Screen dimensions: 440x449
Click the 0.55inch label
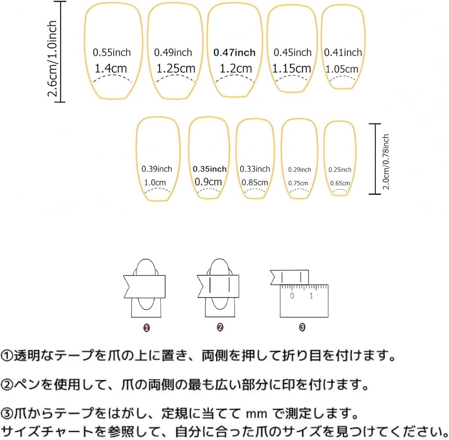tap(112, 53)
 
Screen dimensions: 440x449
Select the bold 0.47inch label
tap(235, 53)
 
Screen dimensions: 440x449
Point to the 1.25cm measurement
tap(176, 68)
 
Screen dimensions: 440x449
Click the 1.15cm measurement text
tap(292, 68)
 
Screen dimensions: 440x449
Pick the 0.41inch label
tap(343, 53)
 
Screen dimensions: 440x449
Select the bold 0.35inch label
tap(210, 169)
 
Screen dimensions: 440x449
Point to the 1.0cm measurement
tap(155, 182)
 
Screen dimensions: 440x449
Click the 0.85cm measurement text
tap(255, 182)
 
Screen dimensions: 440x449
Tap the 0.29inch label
tap(299, 170)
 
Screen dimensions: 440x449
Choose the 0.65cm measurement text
tap(340, 183)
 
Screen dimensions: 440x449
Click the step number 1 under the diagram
tap(147, 328)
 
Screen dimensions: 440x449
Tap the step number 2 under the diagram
tap(220, 328)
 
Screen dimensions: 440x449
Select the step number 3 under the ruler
tap(302, 328)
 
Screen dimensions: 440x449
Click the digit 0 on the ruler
tap(292, 296)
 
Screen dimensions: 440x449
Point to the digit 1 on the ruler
tap(311, 296)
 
